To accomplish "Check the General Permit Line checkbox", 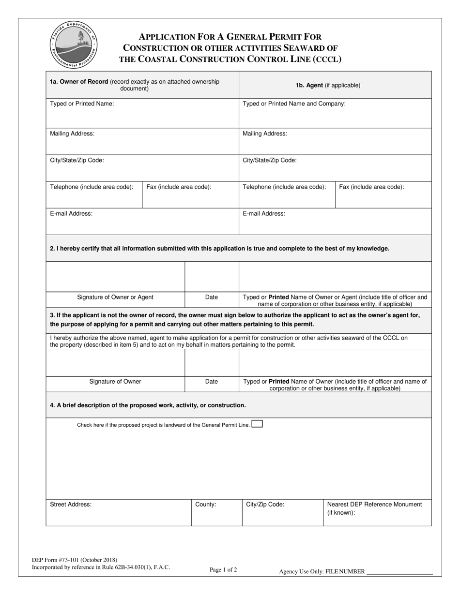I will coord(257,424).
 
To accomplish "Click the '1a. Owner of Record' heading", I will coord(79,82).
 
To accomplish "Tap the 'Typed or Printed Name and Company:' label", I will coord(294,104).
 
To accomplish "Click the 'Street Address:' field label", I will coord(71,505).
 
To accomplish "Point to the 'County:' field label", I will coord(205,505).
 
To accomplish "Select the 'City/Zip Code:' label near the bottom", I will coord(265,505).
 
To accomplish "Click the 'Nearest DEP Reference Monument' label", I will coord(374,505).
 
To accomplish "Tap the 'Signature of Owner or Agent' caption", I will coord(115,297).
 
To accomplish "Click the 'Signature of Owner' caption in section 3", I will coord(115,382).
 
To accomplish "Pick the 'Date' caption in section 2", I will coord(212,297).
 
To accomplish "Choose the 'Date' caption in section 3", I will coord(212,382).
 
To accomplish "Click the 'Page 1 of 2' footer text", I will coord(223,570).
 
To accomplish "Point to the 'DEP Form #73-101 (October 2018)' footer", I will coord(74,560).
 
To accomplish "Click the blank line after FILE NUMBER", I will coord(399,572).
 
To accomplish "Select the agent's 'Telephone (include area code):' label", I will coord(284,187).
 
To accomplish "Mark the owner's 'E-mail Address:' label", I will coord(71,213).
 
